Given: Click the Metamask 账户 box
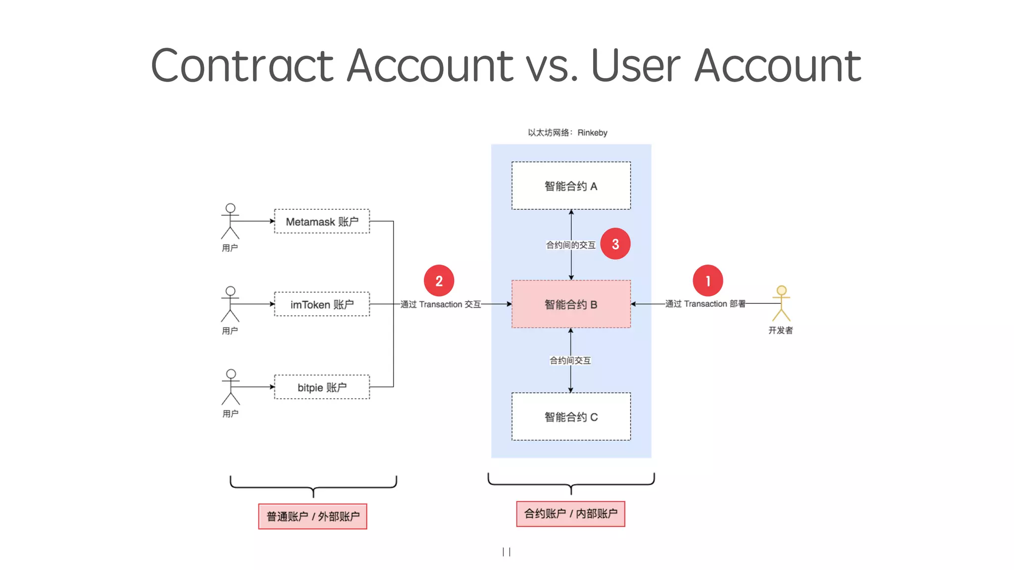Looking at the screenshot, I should click(x=322, y=221).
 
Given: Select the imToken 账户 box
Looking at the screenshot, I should click(x=322, y=304).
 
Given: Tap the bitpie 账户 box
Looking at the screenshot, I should click(x=322, y=387).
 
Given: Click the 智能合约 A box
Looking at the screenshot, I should click(x=571, y=186).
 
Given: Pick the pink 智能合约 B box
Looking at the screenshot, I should click(x=571, y=304).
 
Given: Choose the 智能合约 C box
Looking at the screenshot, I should click(x=571, y=417).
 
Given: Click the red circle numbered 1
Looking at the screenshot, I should click(x=708, y=281).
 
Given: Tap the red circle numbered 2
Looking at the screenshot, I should click(x=439, y=281).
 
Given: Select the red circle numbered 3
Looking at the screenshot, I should click(x=615, y=243).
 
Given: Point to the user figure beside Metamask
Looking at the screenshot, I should click(x=230, y=221).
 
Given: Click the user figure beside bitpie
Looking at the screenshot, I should click(x=231, y=387).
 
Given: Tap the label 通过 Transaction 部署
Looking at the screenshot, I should click(x=705, y=304).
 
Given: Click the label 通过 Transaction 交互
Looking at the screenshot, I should click(x=441, y=304).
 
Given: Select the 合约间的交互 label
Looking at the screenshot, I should click(x=570, y=245).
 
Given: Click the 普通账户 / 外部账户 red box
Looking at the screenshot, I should click(x=312, y=517).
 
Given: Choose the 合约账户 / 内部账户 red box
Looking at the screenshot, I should click(x=570, y=514).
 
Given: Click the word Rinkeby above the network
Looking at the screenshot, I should click(x=592, y=133).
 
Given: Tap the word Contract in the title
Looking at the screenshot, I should click(x=242, y=65).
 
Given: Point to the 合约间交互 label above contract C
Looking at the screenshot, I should click(x=570, y=360).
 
